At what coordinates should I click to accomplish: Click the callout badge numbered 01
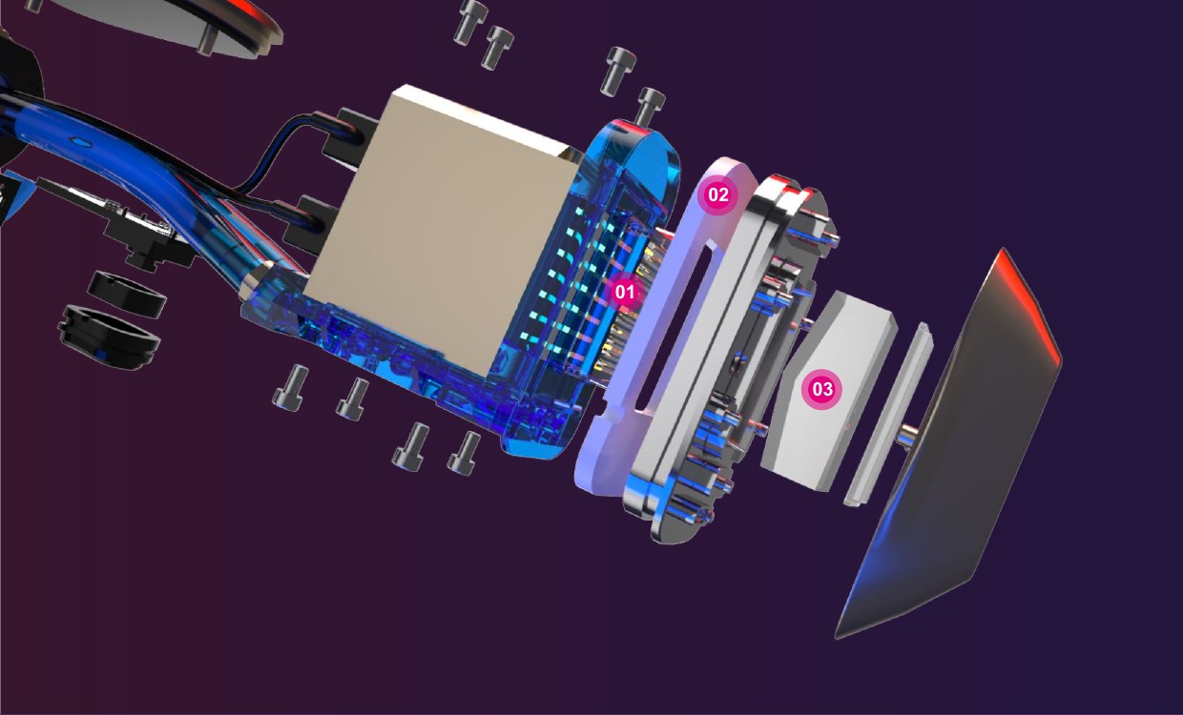[x=624, y=292]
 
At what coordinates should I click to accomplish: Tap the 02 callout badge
[x=717, y=195]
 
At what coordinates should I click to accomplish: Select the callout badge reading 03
[x=821, y=389]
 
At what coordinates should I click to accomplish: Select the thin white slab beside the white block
[x=887, y=415]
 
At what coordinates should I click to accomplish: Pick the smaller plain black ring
[x=127, y=295]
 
